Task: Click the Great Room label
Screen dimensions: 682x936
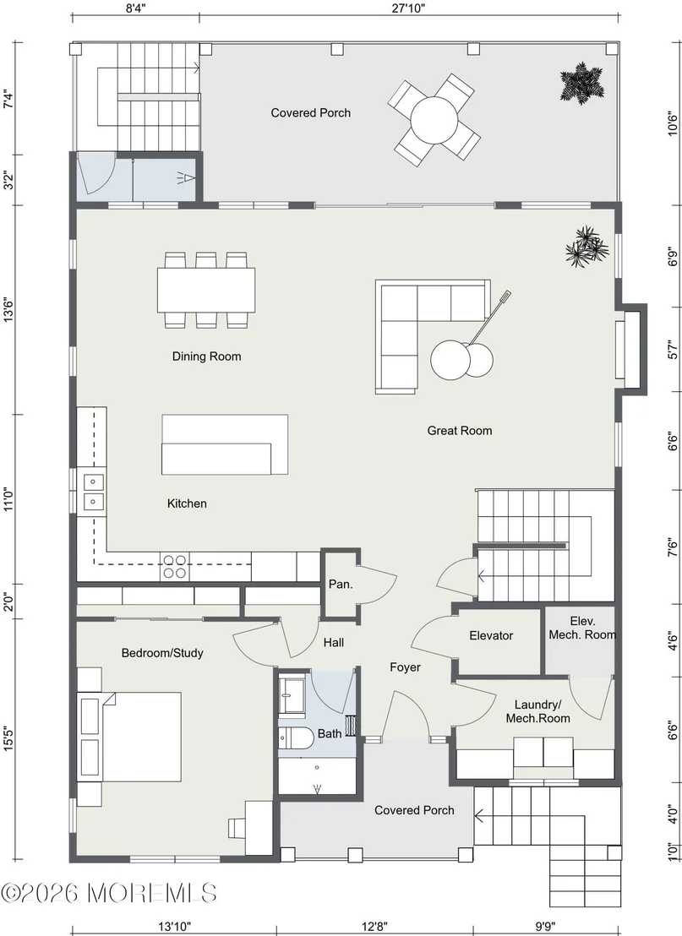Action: (459, 430)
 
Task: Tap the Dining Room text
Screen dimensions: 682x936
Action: (207, 356)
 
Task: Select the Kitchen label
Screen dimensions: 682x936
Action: (187, 503)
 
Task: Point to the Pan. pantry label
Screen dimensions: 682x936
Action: (341, 584)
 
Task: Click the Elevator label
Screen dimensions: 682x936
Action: (491, 636)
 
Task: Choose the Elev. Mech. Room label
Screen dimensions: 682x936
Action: (582, 628)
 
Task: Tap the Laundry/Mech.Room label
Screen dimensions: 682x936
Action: (538, 711)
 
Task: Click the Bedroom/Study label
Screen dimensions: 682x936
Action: (162, 653)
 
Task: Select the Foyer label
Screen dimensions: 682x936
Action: (405, 667)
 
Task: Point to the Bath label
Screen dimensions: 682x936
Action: (330, 733)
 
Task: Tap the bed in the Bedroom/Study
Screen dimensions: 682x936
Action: (141, 737)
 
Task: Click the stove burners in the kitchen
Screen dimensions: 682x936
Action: (174, 567)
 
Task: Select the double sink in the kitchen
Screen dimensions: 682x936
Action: (93, 492)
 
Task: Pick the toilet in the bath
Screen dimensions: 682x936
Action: (297, 737)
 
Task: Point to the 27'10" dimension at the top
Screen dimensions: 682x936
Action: (409, 8)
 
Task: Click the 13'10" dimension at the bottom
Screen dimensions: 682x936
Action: (174, 927)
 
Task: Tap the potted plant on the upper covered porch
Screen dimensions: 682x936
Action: (581, 84)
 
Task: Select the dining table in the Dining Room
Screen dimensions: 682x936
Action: (207, 290)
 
